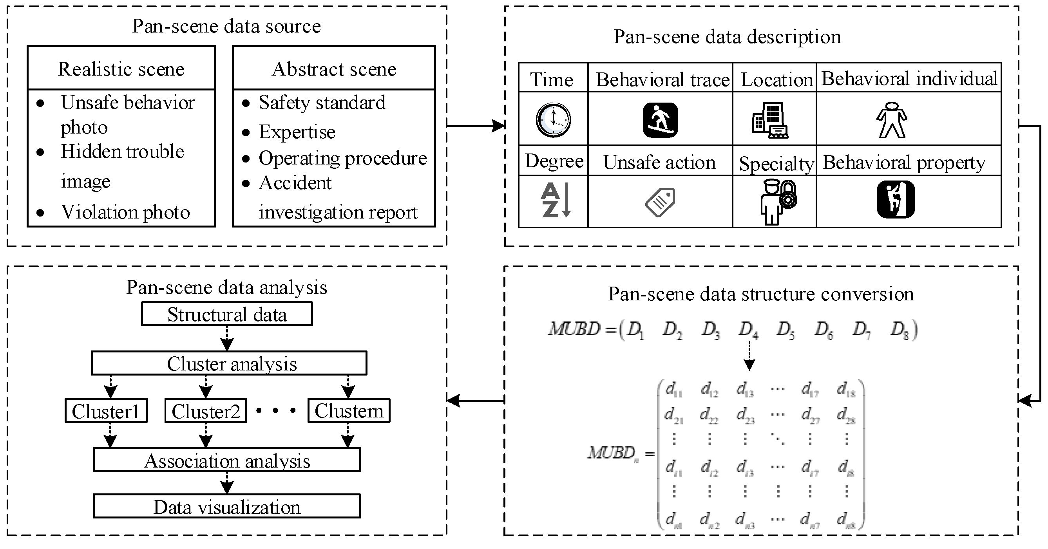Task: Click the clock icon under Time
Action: [553, 120]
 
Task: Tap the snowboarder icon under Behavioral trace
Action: [660, 120]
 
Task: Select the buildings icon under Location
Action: [770, 120]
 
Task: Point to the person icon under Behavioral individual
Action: [892, 120]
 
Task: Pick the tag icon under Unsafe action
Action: [660, 202]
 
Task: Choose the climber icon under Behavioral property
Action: [896, 200]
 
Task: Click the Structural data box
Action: [227, 314]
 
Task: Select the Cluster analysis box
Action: [229, 363]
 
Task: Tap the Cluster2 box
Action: [206, 411]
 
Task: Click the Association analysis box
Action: [227, 461]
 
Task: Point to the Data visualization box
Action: [227, 506]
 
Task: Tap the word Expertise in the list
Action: [297, 132]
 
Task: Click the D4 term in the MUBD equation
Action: [748, 329]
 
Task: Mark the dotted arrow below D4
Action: [749, 356]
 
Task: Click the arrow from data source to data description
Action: [476, 125]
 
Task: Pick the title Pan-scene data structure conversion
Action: [761, 294]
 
